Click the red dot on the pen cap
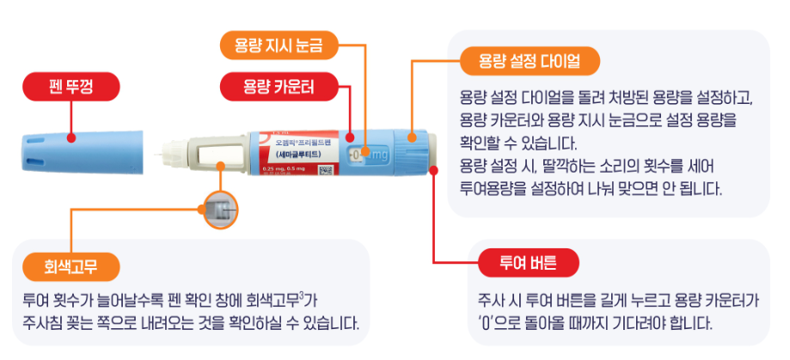[x=70, y=136]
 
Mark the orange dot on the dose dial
[x=413, y=136]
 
